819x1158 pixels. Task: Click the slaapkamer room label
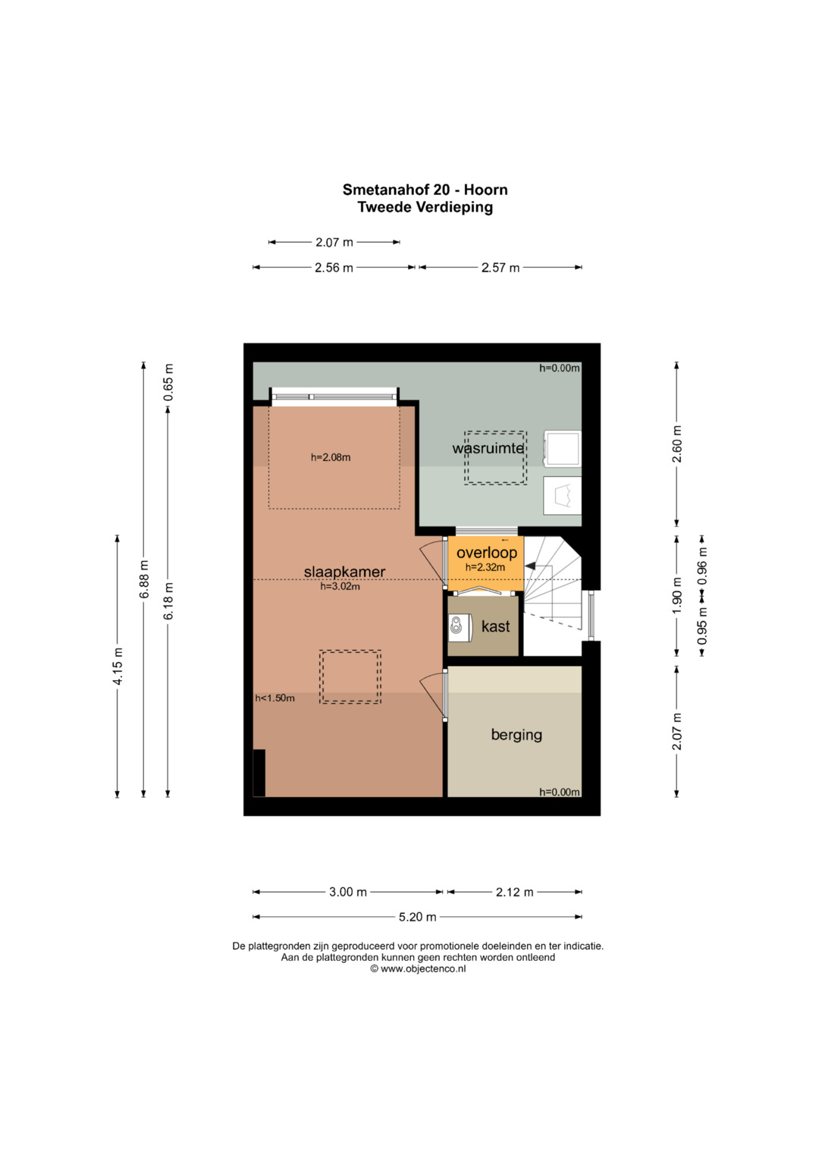pyautogui.click(x=344, y=572)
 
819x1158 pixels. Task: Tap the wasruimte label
pyautogui.click(x=488, y=448)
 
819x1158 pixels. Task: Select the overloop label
pyautogui.click(x=487, y=553)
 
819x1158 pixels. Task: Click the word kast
pyautogui.click(x=495, y=626)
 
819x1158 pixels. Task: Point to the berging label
pyautogui.click(x=516, y=735)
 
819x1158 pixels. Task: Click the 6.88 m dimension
pyautogui.click(x=144, y=579)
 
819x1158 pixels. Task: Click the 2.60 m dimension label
pyautogui.click(x=677, y=444)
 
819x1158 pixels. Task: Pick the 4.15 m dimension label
pyautogui.click(x=118, y=667)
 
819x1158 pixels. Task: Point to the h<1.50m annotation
pyautogui.click(x=275, y=698)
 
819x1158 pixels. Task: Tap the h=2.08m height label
pyautogui.click(x=331, y=457)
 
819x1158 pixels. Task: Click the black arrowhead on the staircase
pyautogui.click(x=531, y=566)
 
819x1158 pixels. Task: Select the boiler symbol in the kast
pyautogui.click(x=460, y=628)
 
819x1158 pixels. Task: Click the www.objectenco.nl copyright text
pyautogui.click(x=418, y=968)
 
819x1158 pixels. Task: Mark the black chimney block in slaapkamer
pyautogui.click(x=259, y=773)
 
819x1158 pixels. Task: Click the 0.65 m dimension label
pyautogui.click(x=168, y=382)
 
